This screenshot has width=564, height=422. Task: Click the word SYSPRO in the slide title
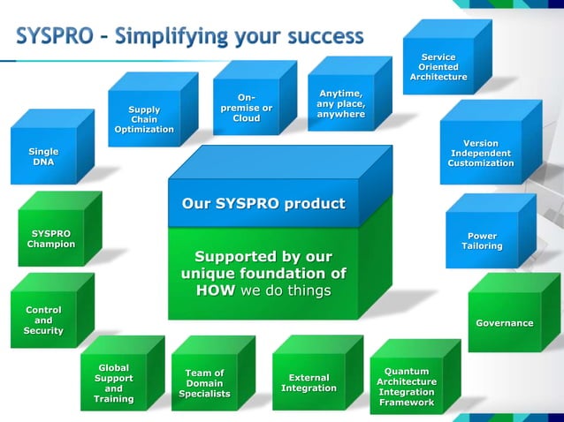click(x=56, y=36)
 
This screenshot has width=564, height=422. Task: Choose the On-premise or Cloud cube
click(x=246, y=108)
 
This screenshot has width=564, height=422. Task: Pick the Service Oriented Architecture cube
click(x=438, y=67)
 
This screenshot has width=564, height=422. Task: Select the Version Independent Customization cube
click(x=480, y=153)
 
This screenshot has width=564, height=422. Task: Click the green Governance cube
click(x=504, y=323)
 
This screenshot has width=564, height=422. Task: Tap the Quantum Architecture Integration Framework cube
click(x=406, y=387)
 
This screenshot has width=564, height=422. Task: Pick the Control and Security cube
click(x=43, y=320)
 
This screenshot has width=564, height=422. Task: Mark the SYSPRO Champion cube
click(x=50, y=238)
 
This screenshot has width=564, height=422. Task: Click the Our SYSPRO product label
click(x=263, y=204)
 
